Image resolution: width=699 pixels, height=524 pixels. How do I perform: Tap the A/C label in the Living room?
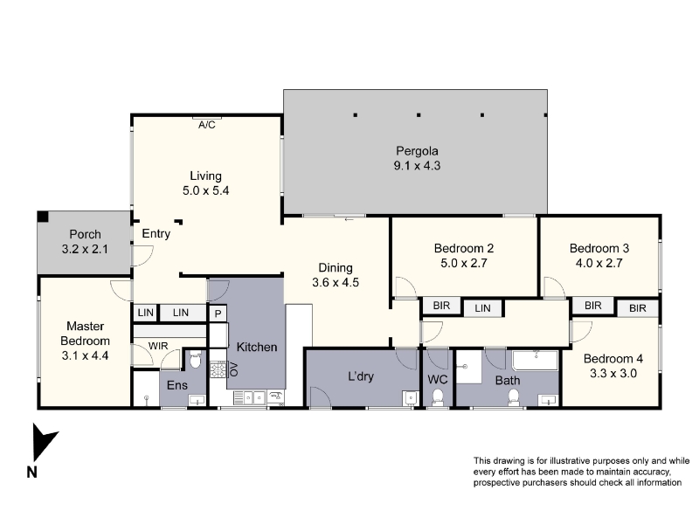tap(207, 125)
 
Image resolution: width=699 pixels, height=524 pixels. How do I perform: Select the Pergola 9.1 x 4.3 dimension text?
tap(417, 166)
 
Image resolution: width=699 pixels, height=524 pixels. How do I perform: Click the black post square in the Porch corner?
tap(43, 217)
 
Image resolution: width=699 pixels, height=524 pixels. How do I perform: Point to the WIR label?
tap(158, 346)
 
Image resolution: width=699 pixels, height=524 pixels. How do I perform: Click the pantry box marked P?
tap(218, 314)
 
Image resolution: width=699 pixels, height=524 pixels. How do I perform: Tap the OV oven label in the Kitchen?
tap(234, 369)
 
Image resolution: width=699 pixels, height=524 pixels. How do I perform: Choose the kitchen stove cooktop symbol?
tap(219, 369)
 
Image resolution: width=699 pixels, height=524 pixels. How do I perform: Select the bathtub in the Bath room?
tap(535, 361)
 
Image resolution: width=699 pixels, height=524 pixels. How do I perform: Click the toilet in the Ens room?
tap(195, 359)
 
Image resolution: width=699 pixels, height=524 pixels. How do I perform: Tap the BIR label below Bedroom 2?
tap(441, 306)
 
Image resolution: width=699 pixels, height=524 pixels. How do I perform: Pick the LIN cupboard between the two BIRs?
tap(483, 308)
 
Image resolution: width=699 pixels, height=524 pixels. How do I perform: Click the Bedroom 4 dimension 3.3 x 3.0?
tap(613, 374)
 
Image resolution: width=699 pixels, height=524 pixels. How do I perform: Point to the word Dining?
tap(336, 268)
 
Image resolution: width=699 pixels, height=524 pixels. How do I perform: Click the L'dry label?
tap(361, 376)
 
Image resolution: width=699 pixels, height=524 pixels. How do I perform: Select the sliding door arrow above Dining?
tap(349, 219)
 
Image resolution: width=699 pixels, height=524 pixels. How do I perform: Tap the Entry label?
tap(156, 234)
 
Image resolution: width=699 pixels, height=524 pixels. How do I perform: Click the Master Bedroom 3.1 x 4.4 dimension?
tap(85, 355)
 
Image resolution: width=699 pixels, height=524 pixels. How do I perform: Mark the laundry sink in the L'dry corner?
tap(410, 397)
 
